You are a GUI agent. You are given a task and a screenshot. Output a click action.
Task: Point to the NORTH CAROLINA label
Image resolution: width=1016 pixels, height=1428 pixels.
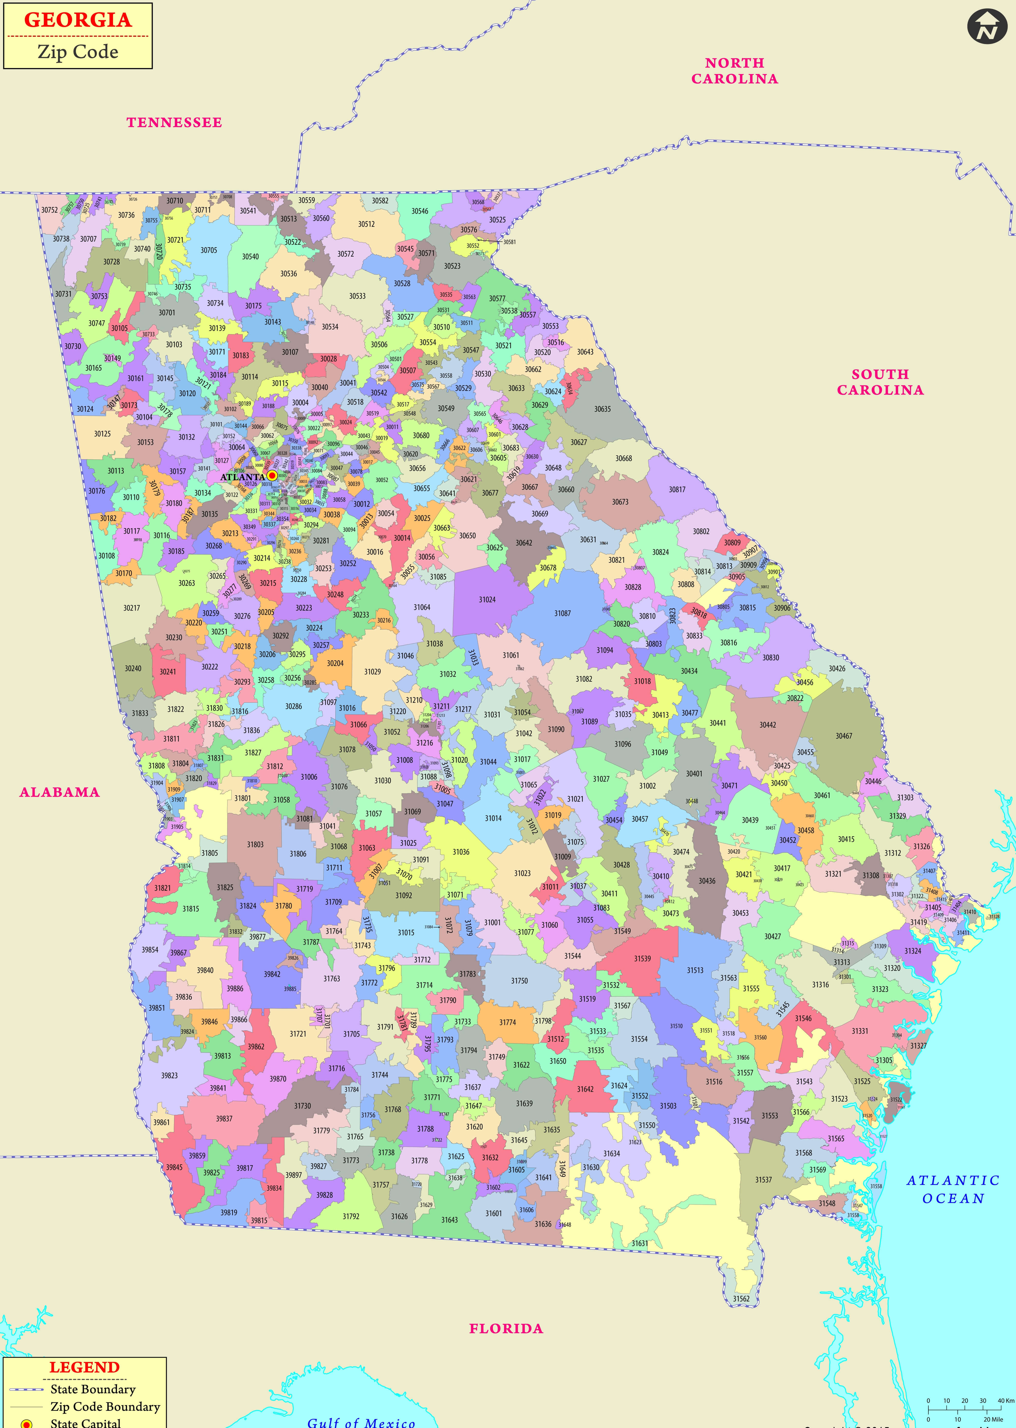[735, 71]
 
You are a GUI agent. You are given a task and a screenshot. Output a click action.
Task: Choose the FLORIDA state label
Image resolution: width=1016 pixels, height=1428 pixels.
[506, 1329]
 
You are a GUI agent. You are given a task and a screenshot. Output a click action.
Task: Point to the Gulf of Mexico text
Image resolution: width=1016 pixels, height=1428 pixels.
[361, 1422]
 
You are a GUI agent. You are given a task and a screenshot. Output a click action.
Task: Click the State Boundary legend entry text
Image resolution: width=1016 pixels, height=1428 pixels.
[93, 1389]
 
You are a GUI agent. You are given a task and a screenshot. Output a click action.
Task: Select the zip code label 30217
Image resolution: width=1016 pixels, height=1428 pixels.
[131, 607]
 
